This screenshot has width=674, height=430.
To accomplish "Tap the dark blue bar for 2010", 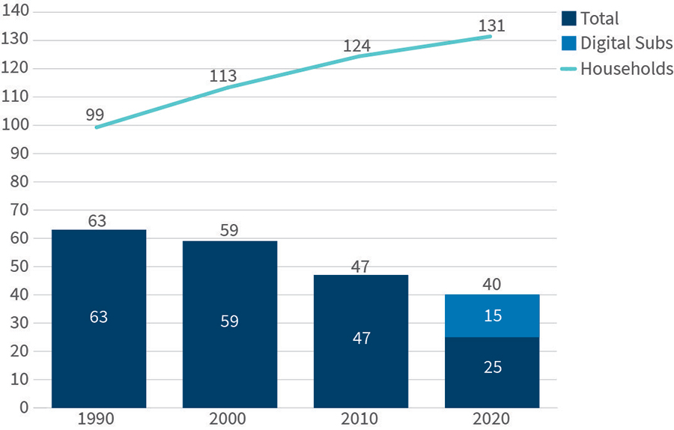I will tap(360, 341).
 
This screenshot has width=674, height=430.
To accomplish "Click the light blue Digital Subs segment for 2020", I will tap(492, 315).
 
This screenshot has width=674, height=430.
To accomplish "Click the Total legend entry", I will tap(591, 19).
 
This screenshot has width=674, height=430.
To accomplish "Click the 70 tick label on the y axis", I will tap(18, 210).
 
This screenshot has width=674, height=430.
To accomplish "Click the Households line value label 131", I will tap(492, 25).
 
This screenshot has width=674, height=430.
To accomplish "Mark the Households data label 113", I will tap(224, 76).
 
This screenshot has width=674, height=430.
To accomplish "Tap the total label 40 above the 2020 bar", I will tap(492, 285).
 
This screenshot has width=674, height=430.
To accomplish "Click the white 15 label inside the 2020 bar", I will tap(492, 315).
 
